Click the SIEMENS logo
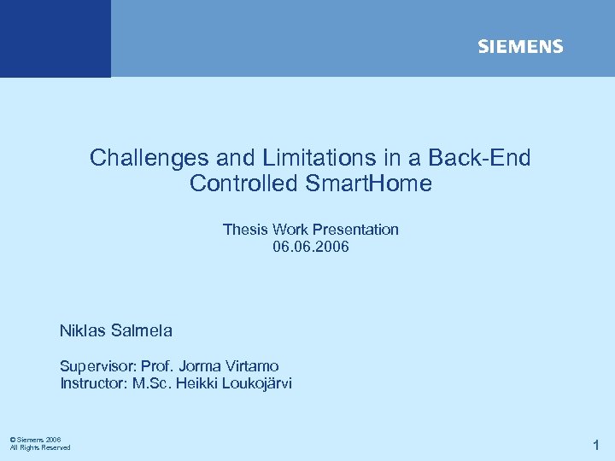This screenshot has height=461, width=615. pos(520,47)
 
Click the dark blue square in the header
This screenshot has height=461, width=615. pos(55,38)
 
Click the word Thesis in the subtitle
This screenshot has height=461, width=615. pos(245,230)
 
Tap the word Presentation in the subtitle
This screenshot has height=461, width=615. pos(355,230)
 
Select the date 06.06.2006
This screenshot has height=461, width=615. pos(311,248)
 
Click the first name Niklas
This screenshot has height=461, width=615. pos(82,330)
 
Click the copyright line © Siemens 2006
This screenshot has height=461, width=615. pos(35,440)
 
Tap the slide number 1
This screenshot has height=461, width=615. pos(596,444)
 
